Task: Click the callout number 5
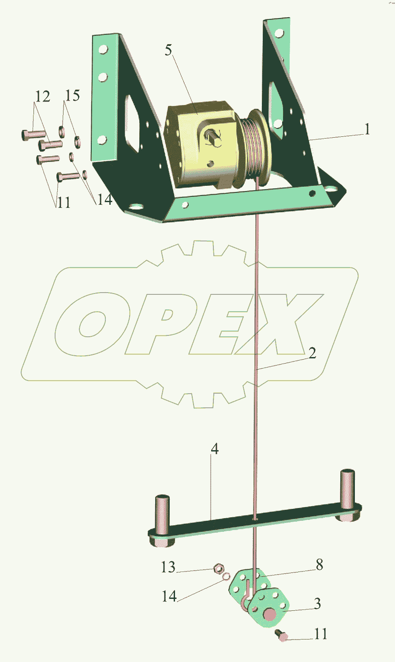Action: [x=169, y=50]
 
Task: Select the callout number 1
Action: [x=366, y=129]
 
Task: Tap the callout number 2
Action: [x=312, y=353]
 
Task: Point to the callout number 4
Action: [x=215, y=449]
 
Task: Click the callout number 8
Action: [x=319, y=564]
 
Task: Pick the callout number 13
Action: [x=168, y=567]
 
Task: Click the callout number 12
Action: [x=43, y=96]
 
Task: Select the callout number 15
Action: [x=73, y=95]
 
